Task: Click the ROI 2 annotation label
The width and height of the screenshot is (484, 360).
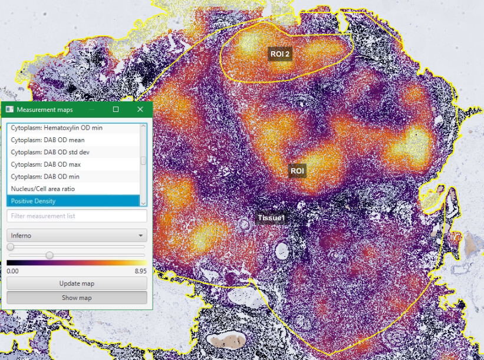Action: tap(280, 54)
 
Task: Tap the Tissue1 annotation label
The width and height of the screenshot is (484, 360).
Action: tap(271, 218)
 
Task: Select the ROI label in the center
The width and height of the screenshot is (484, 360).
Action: tap(297, 171)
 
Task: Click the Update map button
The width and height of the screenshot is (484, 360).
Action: tap(77, 283)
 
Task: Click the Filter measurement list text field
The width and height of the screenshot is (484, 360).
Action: tap(77, 216)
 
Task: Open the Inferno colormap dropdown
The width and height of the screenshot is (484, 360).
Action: tap(77, 236)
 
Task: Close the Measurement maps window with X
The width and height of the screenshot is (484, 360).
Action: tap(140, 110)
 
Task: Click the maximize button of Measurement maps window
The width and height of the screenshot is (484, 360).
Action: tap(116, 110)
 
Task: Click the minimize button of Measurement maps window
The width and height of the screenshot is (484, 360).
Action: tap(91, 110)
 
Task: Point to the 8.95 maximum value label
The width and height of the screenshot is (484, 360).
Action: tap(140, 271)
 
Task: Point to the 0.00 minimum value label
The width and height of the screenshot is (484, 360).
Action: tap(13, 271)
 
